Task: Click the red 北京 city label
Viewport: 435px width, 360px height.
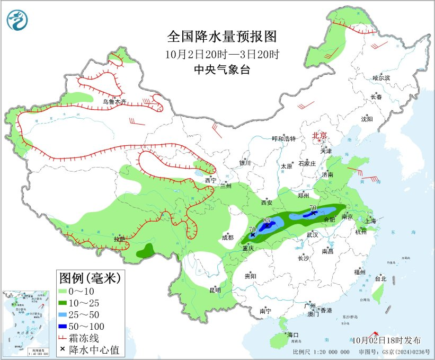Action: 319,135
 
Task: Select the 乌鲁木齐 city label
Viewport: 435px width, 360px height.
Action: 114,101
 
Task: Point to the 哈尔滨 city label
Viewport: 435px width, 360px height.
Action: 380,78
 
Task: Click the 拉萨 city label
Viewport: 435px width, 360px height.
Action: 119,239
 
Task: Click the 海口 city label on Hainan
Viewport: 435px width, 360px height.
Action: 293,335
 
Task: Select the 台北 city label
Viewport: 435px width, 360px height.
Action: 380,278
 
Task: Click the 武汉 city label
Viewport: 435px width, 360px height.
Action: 312,234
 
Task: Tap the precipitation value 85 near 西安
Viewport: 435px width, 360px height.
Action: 267,221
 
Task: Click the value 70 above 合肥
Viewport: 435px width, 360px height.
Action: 313,207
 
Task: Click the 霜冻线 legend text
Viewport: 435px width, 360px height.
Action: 87,338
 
